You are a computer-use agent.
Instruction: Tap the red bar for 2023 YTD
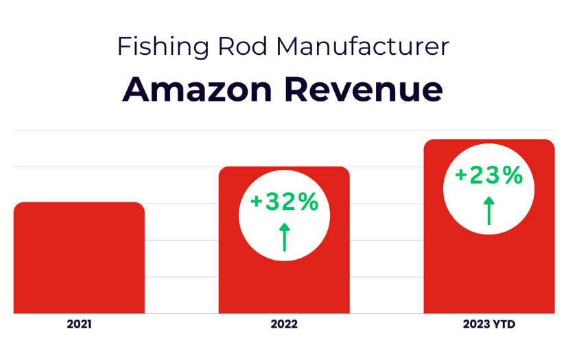488,274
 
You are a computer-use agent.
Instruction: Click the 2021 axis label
79,324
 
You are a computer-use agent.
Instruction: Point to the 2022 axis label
284,324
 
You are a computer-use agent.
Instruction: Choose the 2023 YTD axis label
488,324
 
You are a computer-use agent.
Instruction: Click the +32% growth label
284,202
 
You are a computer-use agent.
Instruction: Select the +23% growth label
488,176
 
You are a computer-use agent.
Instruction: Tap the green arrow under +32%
284,237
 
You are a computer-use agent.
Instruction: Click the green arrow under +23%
488,211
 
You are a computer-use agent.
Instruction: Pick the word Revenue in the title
370,90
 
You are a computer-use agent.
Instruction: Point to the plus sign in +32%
257,203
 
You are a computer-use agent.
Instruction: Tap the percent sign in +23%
512,176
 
